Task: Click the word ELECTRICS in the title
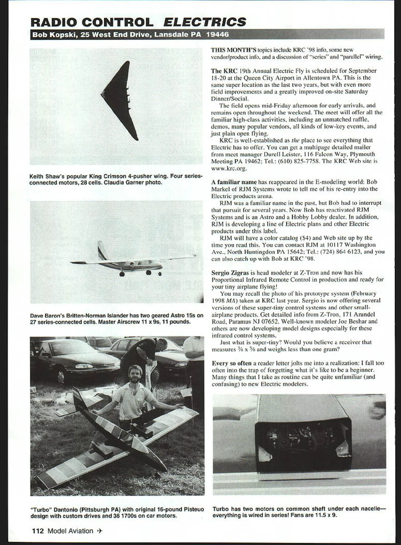pos(205,22)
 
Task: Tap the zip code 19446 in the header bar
pos(217,35)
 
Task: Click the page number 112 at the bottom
pos(38,531)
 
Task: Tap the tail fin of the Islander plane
pos(102,251)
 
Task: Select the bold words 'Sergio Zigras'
pos(230,273)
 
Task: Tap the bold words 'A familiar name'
pos(234,182)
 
